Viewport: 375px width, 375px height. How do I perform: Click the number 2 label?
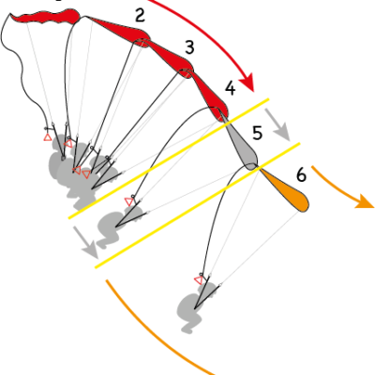pos(140,16)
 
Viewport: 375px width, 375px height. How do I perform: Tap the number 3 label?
pos(189,48)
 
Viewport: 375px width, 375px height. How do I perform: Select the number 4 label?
pos(231,88)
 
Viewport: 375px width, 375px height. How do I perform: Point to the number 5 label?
pos(257,133)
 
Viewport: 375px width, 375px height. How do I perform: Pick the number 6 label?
pos(301,175)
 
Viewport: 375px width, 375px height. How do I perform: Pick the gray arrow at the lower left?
pos(86,243)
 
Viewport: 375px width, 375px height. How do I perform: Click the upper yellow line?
pos(169,158)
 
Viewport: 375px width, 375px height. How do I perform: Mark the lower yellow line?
pos(198,205)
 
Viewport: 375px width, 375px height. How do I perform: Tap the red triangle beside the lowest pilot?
pos(199,280)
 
